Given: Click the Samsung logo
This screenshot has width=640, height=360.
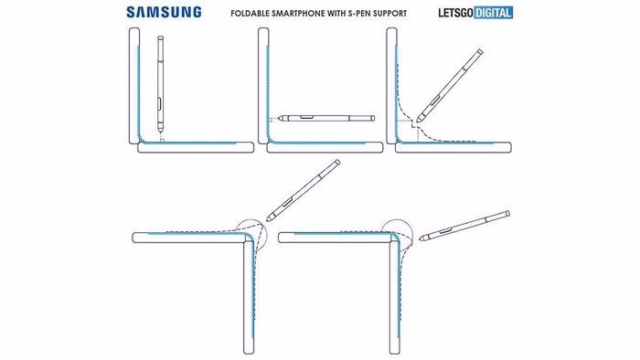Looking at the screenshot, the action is [164, 12].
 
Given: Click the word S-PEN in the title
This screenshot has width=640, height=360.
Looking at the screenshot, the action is [358, 14].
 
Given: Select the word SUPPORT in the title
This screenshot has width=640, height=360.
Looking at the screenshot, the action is [389, 14].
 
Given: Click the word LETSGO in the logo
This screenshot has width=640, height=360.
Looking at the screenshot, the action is [455, 13].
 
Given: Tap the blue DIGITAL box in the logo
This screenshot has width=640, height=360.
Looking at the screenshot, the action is [494, 13].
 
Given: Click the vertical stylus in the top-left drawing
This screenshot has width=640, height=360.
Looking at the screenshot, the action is [160, 84].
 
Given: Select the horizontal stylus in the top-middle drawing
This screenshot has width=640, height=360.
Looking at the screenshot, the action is [326, 118].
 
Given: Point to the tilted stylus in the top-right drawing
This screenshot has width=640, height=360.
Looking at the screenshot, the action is [450, 86].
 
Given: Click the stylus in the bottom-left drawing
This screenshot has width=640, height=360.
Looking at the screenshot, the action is [303, 191].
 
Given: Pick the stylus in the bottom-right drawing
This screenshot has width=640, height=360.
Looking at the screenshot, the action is [464, 226].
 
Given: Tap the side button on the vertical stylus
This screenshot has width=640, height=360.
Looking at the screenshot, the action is [160, 104].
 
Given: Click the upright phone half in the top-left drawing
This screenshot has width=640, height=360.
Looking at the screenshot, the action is [134, 86].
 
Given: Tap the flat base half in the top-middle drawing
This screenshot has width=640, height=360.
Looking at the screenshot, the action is [325, 148].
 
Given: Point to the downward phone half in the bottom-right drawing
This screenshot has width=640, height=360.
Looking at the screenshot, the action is [394, 297].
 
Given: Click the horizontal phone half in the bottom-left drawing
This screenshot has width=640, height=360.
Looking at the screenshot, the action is [193, 238].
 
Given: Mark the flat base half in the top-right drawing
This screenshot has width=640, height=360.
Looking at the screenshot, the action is [453, 148].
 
